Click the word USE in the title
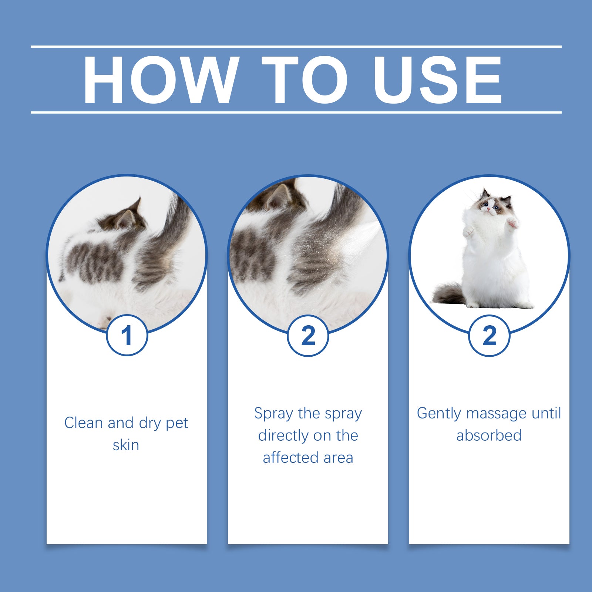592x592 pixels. coord(437,80)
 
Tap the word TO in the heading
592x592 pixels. coord(305,80)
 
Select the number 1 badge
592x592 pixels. coord(127,336)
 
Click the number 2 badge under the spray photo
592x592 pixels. coord(308,336)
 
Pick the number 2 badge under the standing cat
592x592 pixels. coord(489,336)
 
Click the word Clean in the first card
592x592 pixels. coord(83,423)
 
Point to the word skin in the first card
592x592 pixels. coord(126,445)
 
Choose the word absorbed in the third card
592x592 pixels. coord(489,435)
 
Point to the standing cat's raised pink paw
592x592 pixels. coord(512,223)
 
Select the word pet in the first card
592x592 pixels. coord(177,423)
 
